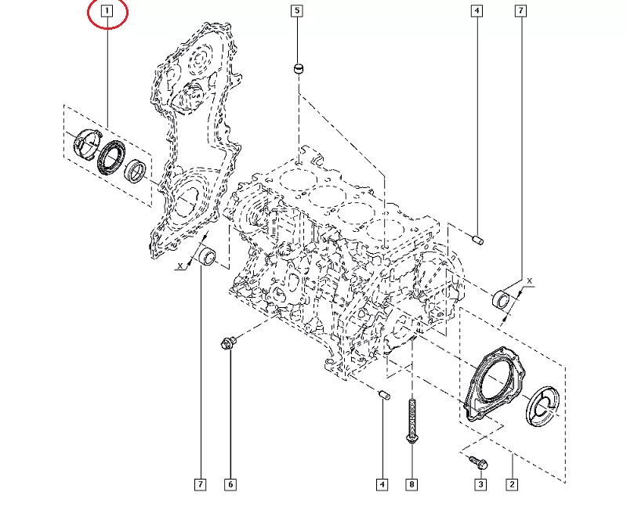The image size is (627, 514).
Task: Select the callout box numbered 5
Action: click(x=296, y=11)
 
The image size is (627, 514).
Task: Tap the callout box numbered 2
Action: click(x=511, y=485)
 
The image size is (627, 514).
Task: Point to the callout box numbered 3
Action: click(x=480, y=485)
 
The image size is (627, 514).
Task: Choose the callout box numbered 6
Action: click(x=230, y=485)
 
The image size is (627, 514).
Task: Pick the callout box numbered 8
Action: click(x=411, y=485)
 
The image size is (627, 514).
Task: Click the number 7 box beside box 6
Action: click(x=201, y=485)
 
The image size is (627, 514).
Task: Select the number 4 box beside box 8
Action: click(x=382, y=485)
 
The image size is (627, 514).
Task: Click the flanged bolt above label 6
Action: click(x=228, y=342)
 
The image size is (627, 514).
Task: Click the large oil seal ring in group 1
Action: click(x=112, y=156)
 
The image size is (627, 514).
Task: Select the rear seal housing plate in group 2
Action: click(x=489, y=384)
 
